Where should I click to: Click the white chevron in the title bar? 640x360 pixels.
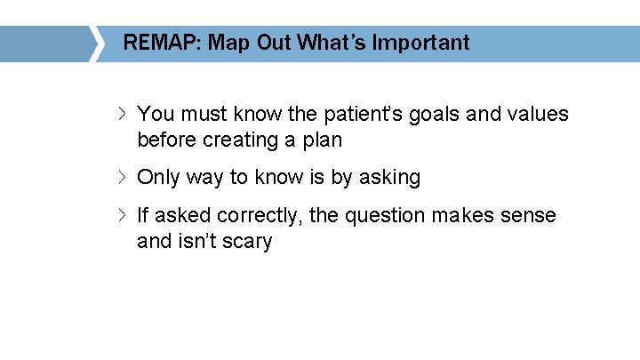coord(96,43)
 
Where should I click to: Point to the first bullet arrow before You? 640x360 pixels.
coord(124,115)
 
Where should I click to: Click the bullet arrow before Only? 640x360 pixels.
coord(124,178)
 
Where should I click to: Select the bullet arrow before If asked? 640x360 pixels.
coord(124,216)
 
